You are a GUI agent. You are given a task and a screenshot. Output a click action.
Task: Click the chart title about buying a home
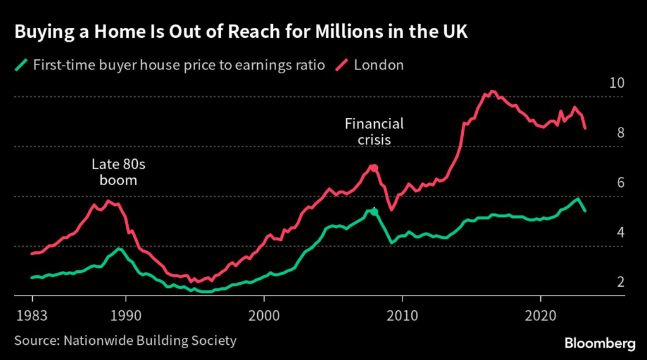pos(241,33)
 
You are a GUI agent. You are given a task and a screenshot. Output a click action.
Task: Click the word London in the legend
pos(378,65)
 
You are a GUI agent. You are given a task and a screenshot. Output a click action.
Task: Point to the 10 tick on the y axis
pos(617,83)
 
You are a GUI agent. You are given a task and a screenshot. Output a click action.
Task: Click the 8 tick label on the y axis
pos(620,133)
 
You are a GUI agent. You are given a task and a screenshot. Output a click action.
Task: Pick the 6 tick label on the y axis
pos(620,183)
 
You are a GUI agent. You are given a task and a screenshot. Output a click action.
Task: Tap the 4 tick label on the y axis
pos(620,232)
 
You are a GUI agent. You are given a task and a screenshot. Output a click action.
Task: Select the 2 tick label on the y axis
pos(620,282)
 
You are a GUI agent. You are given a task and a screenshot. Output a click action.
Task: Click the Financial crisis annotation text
pos(374,131)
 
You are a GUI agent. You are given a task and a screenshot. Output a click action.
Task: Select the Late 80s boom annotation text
pos(118,172)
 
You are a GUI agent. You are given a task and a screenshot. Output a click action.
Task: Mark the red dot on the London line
pos(374,168)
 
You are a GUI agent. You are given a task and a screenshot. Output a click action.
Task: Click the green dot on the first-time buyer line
pos(374,212)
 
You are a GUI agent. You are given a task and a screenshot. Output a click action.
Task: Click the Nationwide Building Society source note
pos(125,341)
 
